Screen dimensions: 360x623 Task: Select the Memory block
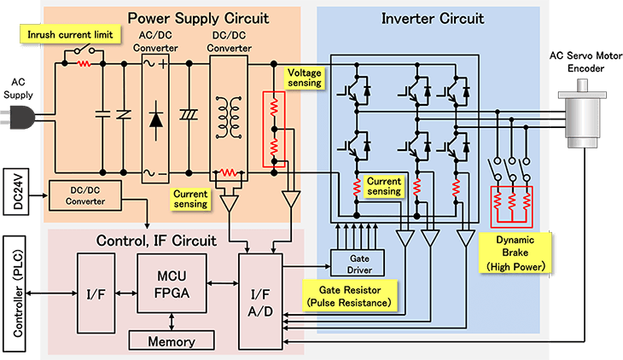click(x=172, y=340)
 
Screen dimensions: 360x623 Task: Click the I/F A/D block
click(x=258, y=301)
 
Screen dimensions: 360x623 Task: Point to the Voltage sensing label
click(x=306, y=78)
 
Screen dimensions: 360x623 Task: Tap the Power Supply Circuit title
click(x=198, y=17)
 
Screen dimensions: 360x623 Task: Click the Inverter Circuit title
click(x=432, y=18)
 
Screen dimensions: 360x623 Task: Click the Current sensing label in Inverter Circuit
click(x=383, y=186)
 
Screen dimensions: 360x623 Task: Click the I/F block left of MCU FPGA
click(x=93, y=293)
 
